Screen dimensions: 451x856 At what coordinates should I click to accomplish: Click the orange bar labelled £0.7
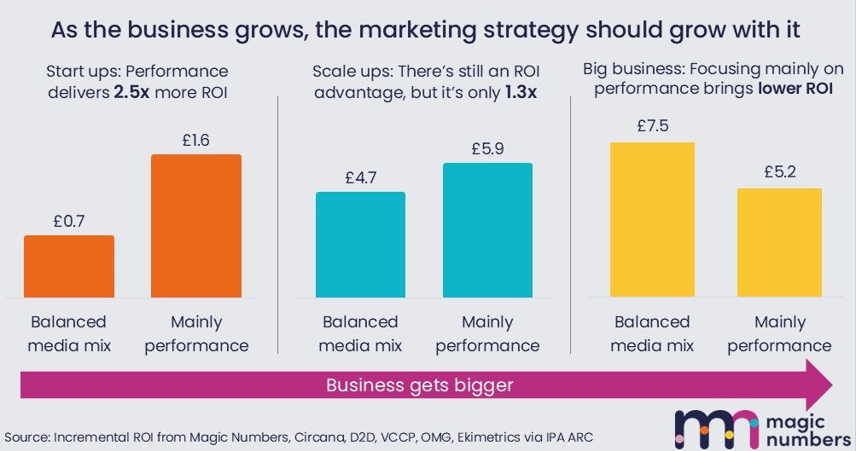[x=68, y=266]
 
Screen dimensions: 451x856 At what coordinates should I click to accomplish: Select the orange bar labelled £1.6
[x=196, y=226]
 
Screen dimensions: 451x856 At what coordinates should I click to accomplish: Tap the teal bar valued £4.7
[x=360, y=245]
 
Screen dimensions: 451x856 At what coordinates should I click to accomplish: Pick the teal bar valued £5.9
[x=487, y=230]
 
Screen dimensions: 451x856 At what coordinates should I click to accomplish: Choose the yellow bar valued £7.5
[x=652, y=220]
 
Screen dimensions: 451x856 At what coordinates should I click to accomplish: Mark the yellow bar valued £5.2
[x=779, y=243]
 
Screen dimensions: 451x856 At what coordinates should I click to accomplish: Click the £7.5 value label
[x=652, y=125]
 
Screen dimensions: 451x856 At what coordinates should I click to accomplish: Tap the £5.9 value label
[x=487, y=147]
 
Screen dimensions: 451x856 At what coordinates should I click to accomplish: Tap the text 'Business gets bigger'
[x=420, y=385]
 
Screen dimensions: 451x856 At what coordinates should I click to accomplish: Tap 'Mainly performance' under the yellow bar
[x=779, y=333]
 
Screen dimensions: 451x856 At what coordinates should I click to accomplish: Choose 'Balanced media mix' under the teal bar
[x=360, y=333]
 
